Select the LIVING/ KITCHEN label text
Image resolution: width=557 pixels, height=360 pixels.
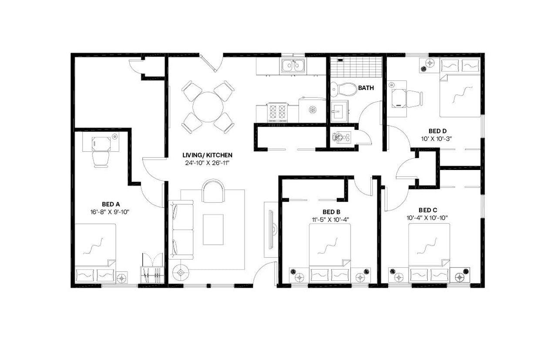207,155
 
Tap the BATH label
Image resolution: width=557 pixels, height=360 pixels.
366,88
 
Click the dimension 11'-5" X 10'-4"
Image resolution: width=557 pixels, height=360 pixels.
329,219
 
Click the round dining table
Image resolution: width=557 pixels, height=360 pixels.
208,107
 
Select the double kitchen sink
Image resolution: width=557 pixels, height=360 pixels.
293,66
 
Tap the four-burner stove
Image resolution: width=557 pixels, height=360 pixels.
277,112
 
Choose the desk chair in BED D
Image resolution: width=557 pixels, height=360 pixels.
414,99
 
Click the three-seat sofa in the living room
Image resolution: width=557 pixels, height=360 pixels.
181,230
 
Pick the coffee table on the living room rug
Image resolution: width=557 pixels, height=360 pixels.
213,230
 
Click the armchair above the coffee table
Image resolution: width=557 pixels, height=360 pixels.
213,191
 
